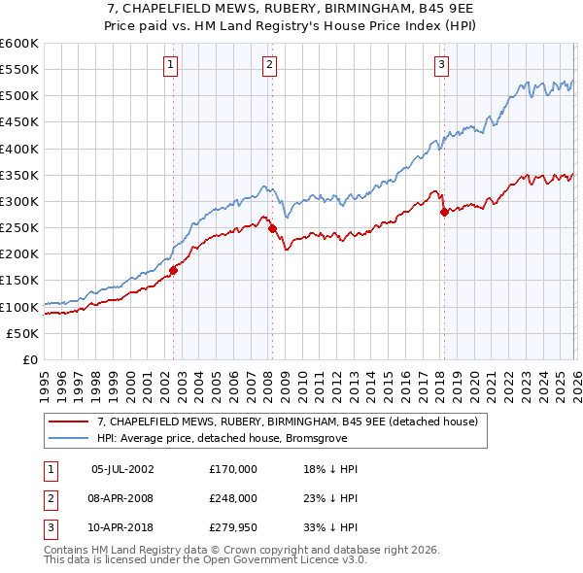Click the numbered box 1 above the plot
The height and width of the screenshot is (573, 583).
coord(170,65)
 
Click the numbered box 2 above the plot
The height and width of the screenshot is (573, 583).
coord(268,65)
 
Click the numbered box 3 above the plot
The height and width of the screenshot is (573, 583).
coord(441,65)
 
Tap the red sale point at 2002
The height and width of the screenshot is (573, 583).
coord(174,270)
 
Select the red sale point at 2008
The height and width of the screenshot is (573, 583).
coord(272,228)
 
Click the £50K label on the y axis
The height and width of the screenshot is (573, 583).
coord(23,333)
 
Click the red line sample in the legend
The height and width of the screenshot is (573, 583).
coord(70,422)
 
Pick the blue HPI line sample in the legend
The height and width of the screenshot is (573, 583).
coord(70,438)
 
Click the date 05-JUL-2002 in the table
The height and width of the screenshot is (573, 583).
coord(122,468)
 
